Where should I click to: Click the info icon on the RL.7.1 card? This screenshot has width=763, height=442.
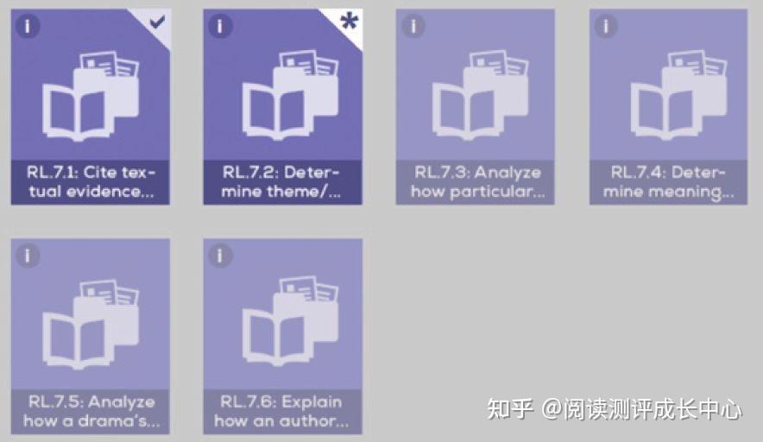[x=28, y=26]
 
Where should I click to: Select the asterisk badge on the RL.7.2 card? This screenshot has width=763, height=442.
[x=349, y=22]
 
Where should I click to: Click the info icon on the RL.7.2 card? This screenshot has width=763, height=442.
[x=220, y=26]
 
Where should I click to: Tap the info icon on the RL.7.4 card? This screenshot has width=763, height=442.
[x=606, y=26]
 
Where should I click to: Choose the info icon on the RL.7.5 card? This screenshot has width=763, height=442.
[x=28, y=256]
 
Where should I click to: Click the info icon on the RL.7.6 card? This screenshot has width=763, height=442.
[x=220, y=256]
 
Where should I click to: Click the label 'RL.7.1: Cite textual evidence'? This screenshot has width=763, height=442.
[x=91, y=182]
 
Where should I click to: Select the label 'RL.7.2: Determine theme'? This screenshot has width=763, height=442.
[x=282, y=182]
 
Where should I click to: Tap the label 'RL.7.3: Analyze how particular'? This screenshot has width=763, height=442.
[x=476, y=182]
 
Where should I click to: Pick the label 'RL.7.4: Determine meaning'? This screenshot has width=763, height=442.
[x=668, y=182]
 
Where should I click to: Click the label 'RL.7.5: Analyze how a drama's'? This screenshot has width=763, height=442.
[x=91, y=412]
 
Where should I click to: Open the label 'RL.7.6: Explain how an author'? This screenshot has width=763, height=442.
[x=282, y=412]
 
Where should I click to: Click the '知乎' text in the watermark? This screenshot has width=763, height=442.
[x=510, y=408]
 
